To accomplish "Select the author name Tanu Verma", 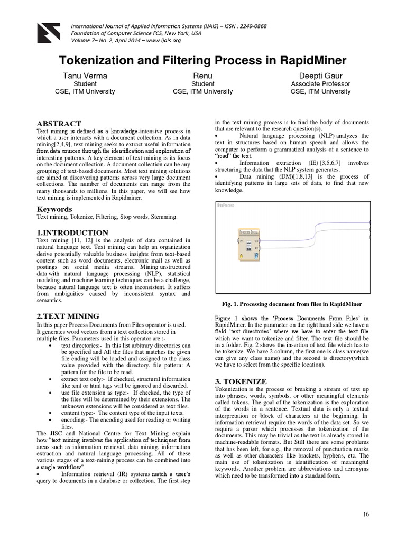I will (85, 76).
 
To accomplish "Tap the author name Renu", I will (202, 76).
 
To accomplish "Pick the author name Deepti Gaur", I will (320, 76).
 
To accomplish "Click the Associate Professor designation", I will (320, 83).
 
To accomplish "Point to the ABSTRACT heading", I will (59, 123).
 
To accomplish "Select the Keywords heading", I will (54, 209).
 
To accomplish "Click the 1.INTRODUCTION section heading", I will (72, 232).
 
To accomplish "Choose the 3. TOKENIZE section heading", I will (241, 381).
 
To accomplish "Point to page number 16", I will (366, 515).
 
